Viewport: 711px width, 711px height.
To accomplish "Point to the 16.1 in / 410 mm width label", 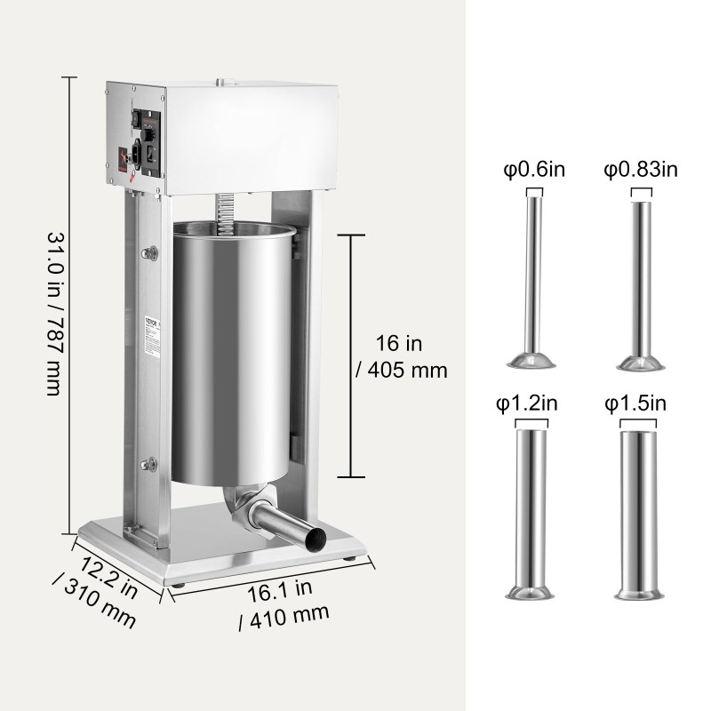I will (284, 601).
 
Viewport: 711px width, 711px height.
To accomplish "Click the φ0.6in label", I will (533, 169).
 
